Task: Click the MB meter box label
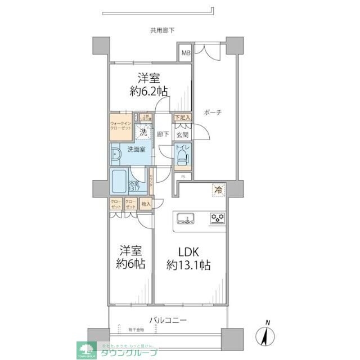(185, 54)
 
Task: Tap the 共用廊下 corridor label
(162, 30)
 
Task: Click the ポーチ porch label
(213, 112)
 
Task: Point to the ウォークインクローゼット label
(120, 125)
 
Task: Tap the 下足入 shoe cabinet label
(182, 118)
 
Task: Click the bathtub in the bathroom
(119, 183)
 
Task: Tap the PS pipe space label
(182, 177)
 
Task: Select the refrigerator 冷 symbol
(217, 191)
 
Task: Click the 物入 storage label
(145, 205)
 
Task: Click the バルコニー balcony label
(168, 320)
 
